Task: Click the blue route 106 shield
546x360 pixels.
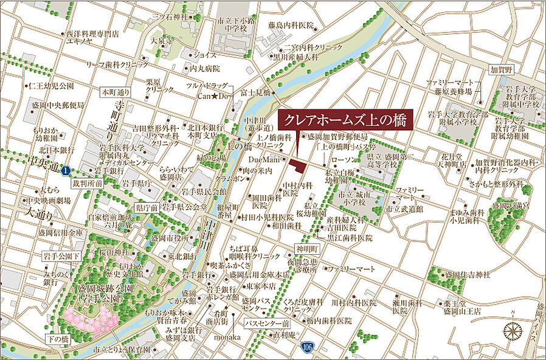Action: (x=309, y=346)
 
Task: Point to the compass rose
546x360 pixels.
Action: (x=513, y=331)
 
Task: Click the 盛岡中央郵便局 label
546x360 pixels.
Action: (x=60, y=104)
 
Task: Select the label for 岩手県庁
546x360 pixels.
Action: (x=136, y=182)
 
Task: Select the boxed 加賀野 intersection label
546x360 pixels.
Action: (x=502, y=69)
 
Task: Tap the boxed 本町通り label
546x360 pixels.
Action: (x=116, y=92)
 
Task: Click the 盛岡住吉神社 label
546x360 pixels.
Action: (x=467, y=275)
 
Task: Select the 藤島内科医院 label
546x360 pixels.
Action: (x=291, y=26)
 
